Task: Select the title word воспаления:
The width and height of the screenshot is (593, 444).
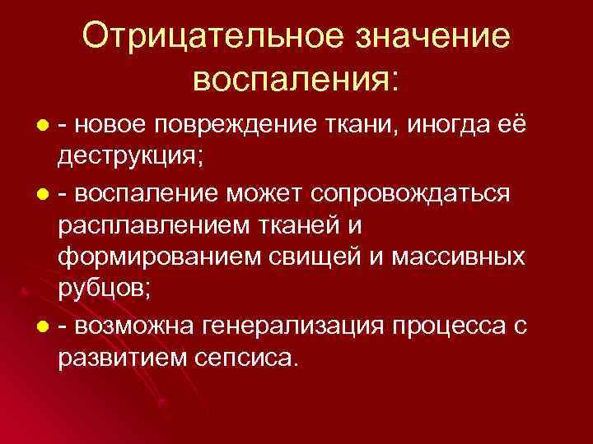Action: pos(296,81)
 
